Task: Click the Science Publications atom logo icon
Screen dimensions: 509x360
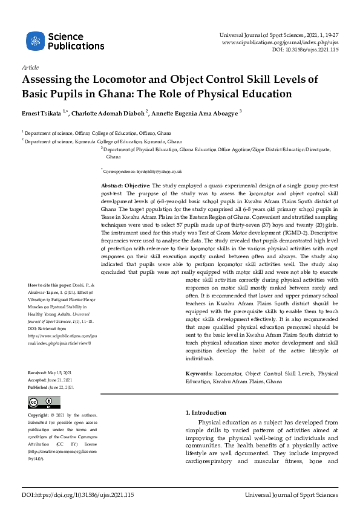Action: point(34,41)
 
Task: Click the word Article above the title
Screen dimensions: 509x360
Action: point(30,68)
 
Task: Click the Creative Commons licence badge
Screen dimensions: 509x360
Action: point(42,403)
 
